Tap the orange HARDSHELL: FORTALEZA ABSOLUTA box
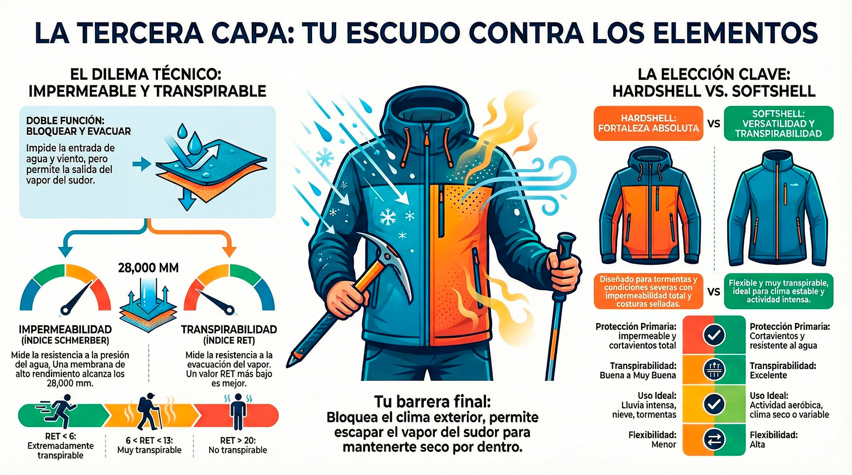[648, 123]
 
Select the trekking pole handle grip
[566, 251]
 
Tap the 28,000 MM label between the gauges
[148, 268]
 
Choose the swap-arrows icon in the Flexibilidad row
[714, 439]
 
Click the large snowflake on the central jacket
[387, 217]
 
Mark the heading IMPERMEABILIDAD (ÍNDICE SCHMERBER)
[65, 335]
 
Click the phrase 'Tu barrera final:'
[432, 402]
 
